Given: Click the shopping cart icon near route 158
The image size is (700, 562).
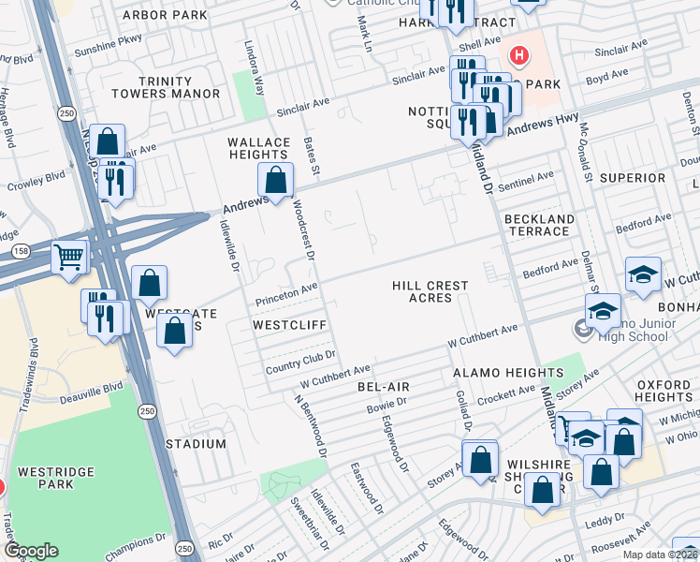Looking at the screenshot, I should click(70, 256).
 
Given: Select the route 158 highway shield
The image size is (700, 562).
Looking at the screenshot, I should click(20, 251).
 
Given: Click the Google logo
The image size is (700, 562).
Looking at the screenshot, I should click(32, 550).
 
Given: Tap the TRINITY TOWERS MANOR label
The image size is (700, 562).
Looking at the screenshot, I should click(166, 88).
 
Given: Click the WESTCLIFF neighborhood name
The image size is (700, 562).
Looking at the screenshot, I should click(289, 325).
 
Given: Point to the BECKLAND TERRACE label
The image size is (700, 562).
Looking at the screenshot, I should click(539, 225).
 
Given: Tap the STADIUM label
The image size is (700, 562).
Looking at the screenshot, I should click(196, 443).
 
